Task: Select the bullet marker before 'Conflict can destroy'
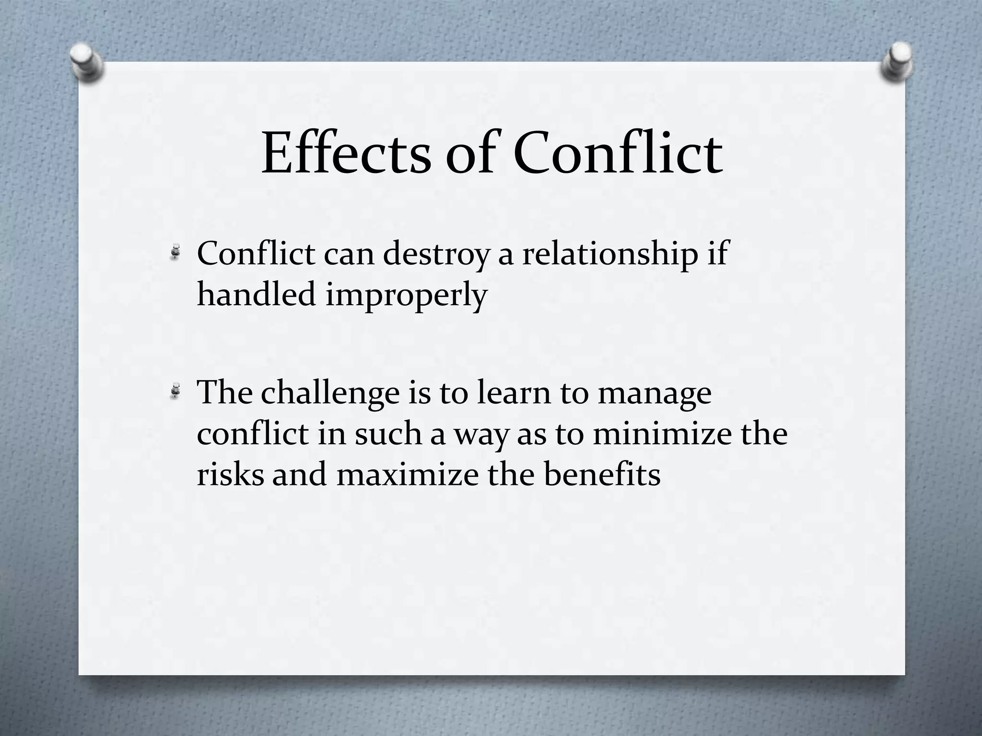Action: tap(176, 252)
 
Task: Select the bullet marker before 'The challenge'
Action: tap(176, 391)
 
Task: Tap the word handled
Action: tap(257, 294)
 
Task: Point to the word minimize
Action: tap(662, 433)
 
